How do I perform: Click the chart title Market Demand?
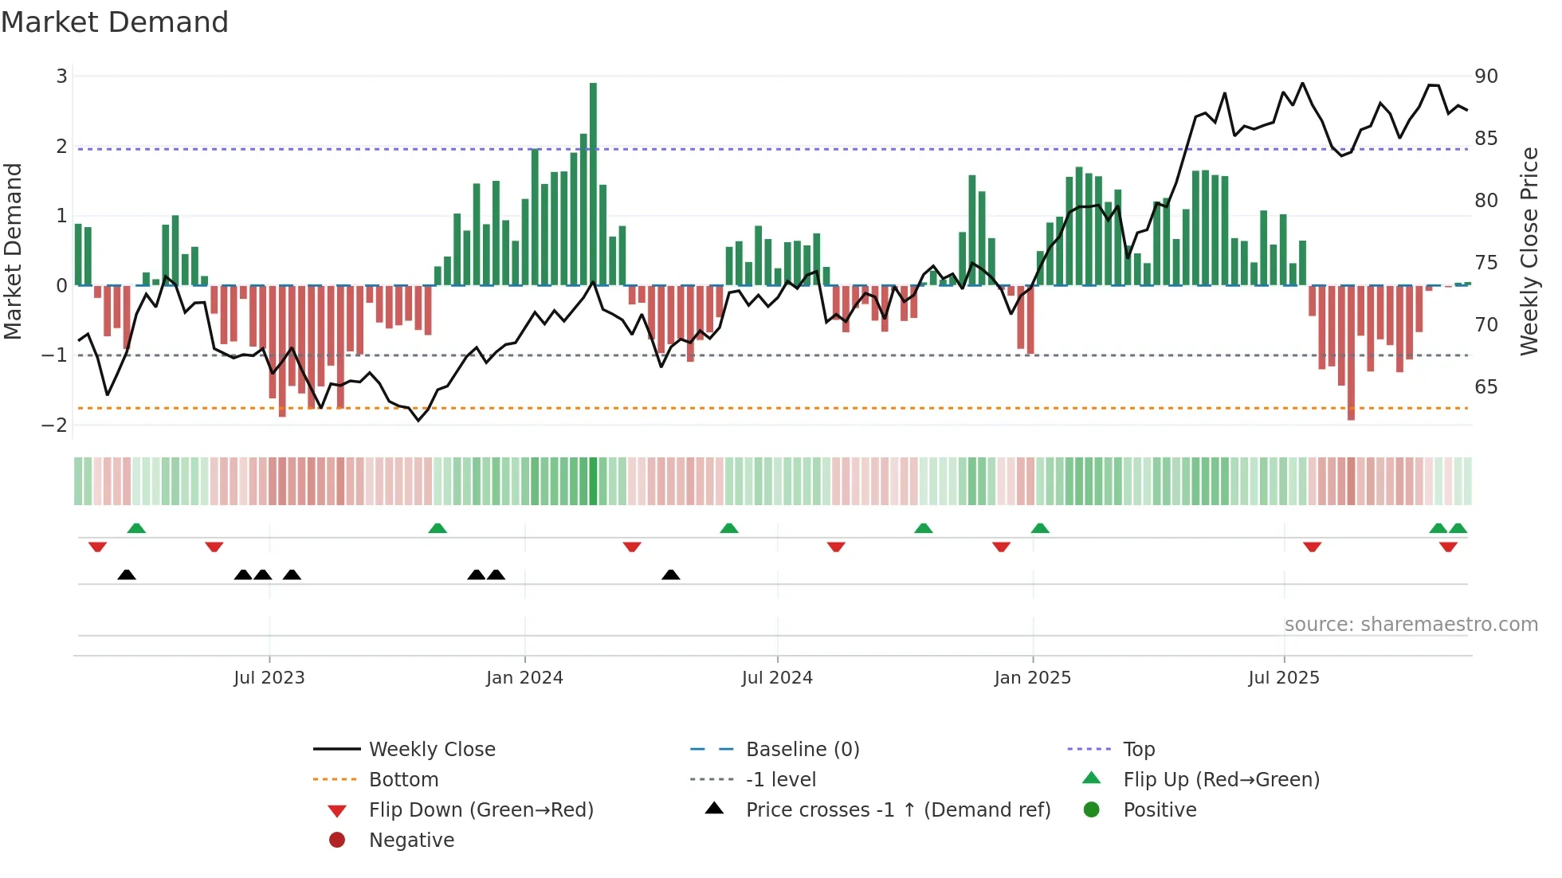pos(115,22)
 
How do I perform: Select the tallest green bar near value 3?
pos(593,183)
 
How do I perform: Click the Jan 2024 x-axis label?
pos(524,677)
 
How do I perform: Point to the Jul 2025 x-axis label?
pos(1284,677)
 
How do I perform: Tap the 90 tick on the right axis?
pos(1486,76)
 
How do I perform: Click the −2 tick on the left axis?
pos(55,425)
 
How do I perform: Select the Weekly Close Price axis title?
pos(1529,251)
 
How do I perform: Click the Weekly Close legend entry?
pos(432,749)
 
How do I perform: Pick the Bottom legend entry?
pos(403,779)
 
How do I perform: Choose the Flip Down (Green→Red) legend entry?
pos(481,809)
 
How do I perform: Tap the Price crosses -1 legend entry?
pos(897,809)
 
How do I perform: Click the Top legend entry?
pos(1139,749)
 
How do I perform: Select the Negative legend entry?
pos(411,840)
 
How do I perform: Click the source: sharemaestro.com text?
pos(1411,624)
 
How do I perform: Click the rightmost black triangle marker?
pos(671,574)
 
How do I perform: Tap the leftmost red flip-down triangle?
pos(97,547)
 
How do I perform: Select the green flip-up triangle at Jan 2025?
pos(1040,528)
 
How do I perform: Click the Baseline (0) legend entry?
pos(802,749)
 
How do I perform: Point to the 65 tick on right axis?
pos(1486,387)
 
